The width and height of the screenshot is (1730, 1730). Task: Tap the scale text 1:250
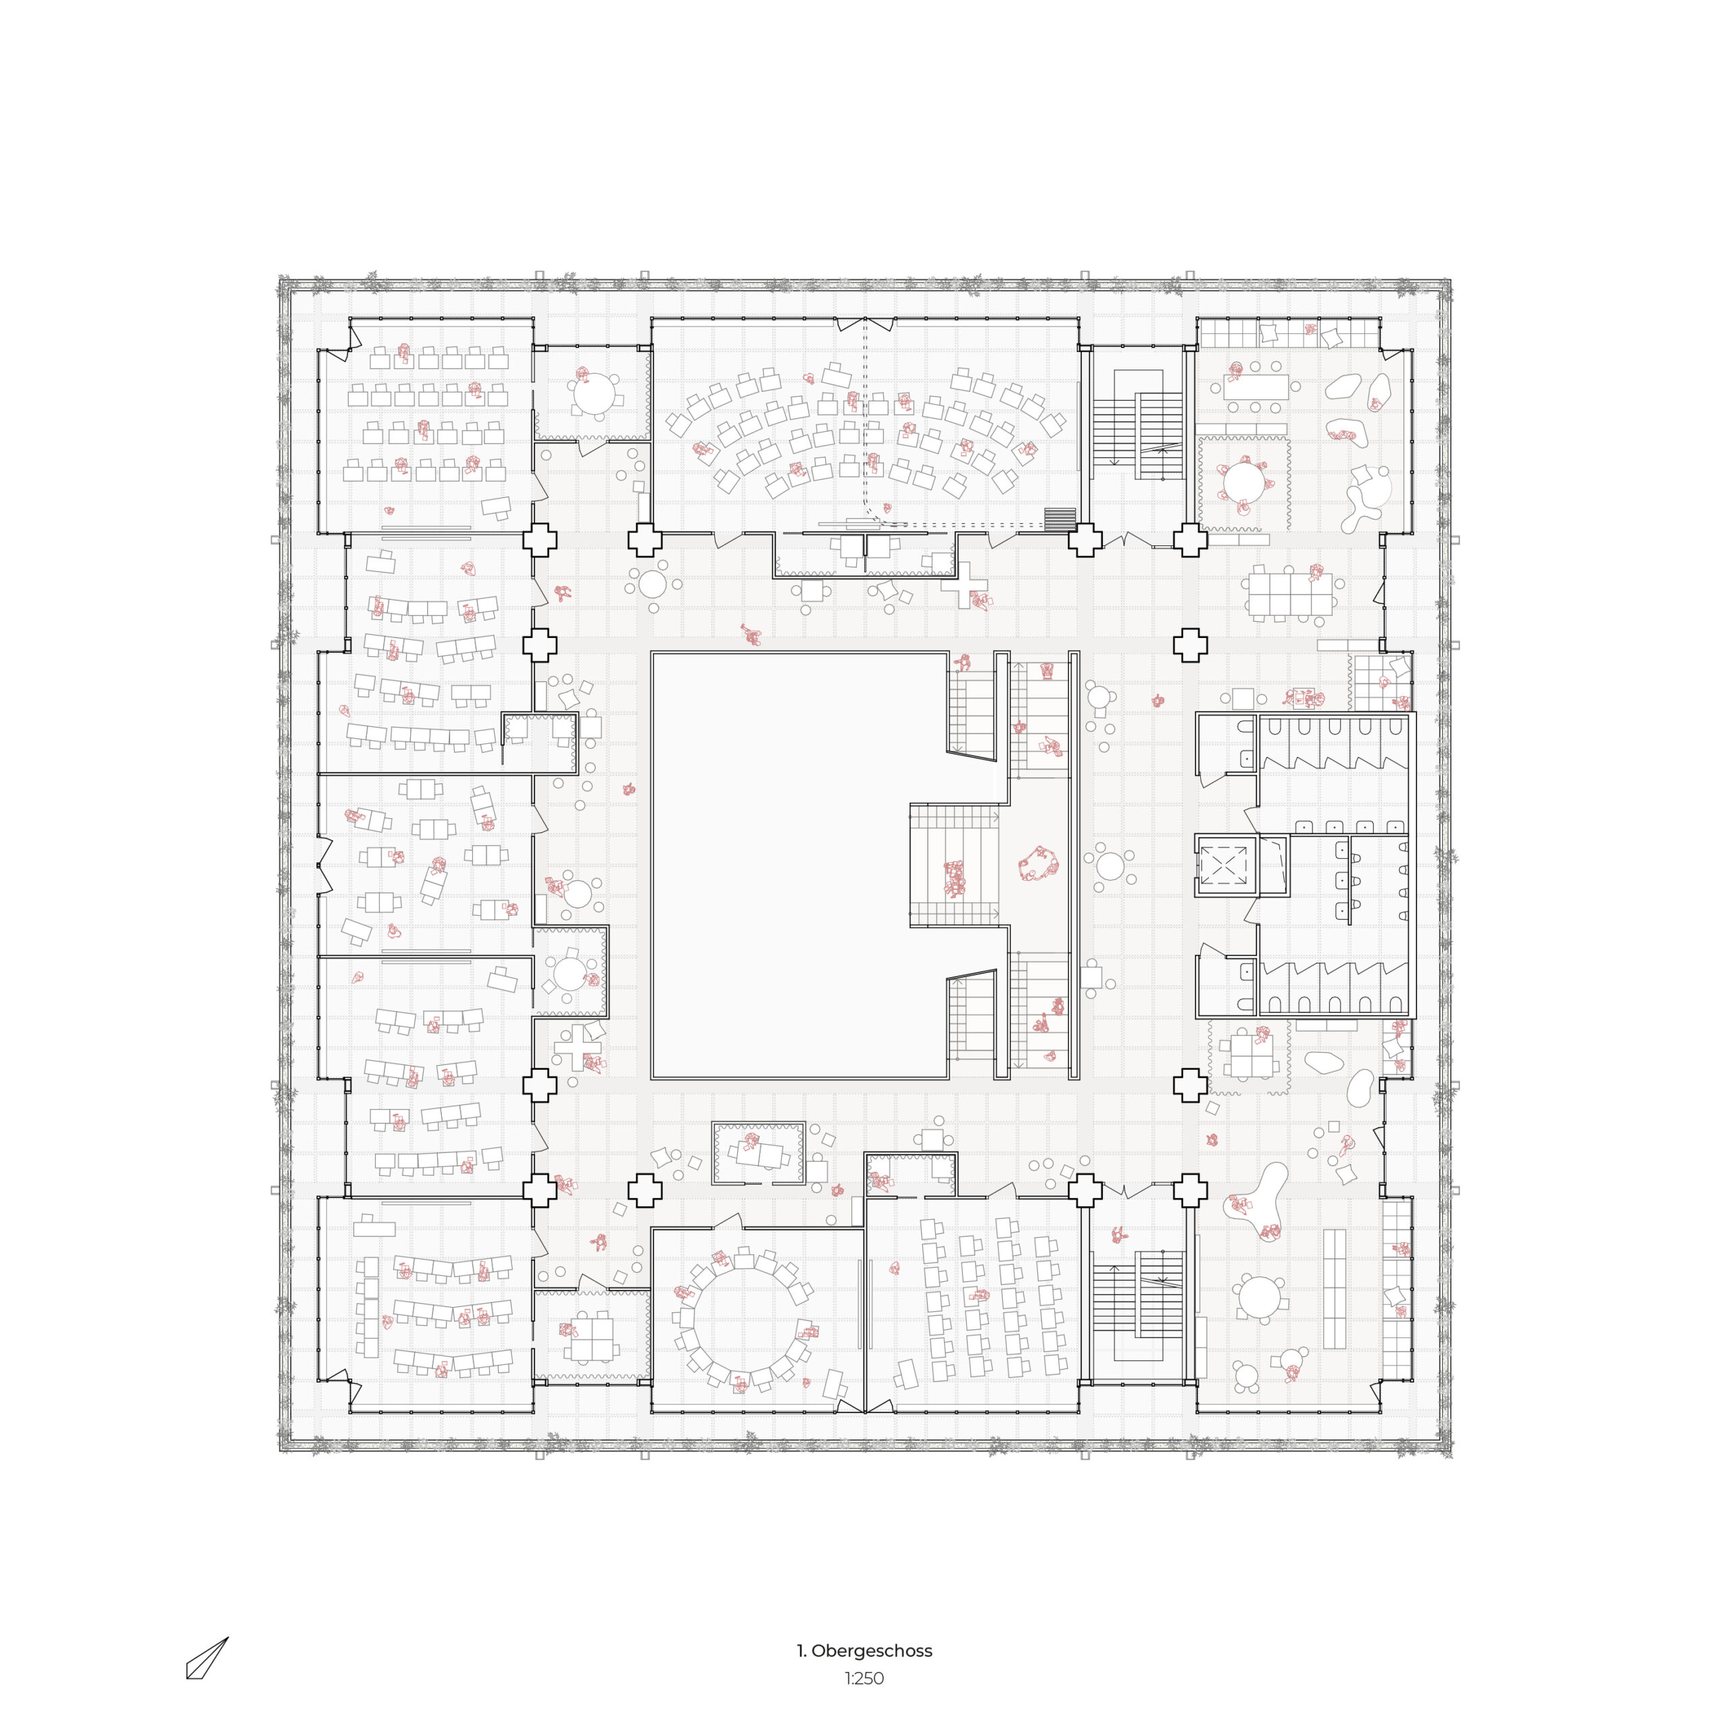(x=864, y=1679)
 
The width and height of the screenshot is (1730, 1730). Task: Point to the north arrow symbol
(x=207, y=1658)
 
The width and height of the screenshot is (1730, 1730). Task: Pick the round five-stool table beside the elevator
(x=1110, y=866)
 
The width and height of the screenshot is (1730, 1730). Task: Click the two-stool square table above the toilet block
(x=1243, y=699)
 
